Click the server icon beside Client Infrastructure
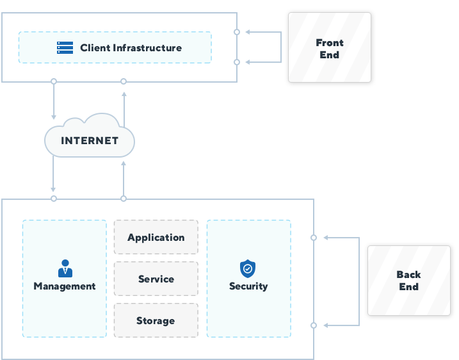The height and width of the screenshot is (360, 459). pyautogui.click(x=65, y=47)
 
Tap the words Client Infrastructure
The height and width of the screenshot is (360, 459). pyautogui.click(x=131, y=48)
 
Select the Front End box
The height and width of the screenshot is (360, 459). pyautogui.click(x=329, y=48)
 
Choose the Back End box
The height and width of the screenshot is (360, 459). pyautogui.click(x=408, y=281)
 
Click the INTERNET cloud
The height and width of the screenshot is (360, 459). pyautogui.click(x=90, y=140)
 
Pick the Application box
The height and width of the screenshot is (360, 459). pyautogui.click(x=156, y=238)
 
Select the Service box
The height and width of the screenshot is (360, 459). pyautogui.click(x=156, y=279)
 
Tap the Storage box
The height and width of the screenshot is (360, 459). pyautogui.click(x=156, y=321)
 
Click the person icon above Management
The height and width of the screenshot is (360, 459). pyautogui.click(x=65, y=268)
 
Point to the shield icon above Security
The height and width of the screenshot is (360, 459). pyautogui.click(x=248, y=268)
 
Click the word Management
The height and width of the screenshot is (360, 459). pyautogui.click(x=65, y=286)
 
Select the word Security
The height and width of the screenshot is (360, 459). pyautogui.click(x=248, y=286)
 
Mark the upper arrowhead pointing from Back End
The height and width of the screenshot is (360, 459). pyautogui.click(x=326, y=238)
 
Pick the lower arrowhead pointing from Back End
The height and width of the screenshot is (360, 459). pyautogui.click(x=326, y=325)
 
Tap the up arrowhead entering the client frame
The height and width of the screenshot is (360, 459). pyautogui.click(x=124, y=94)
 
